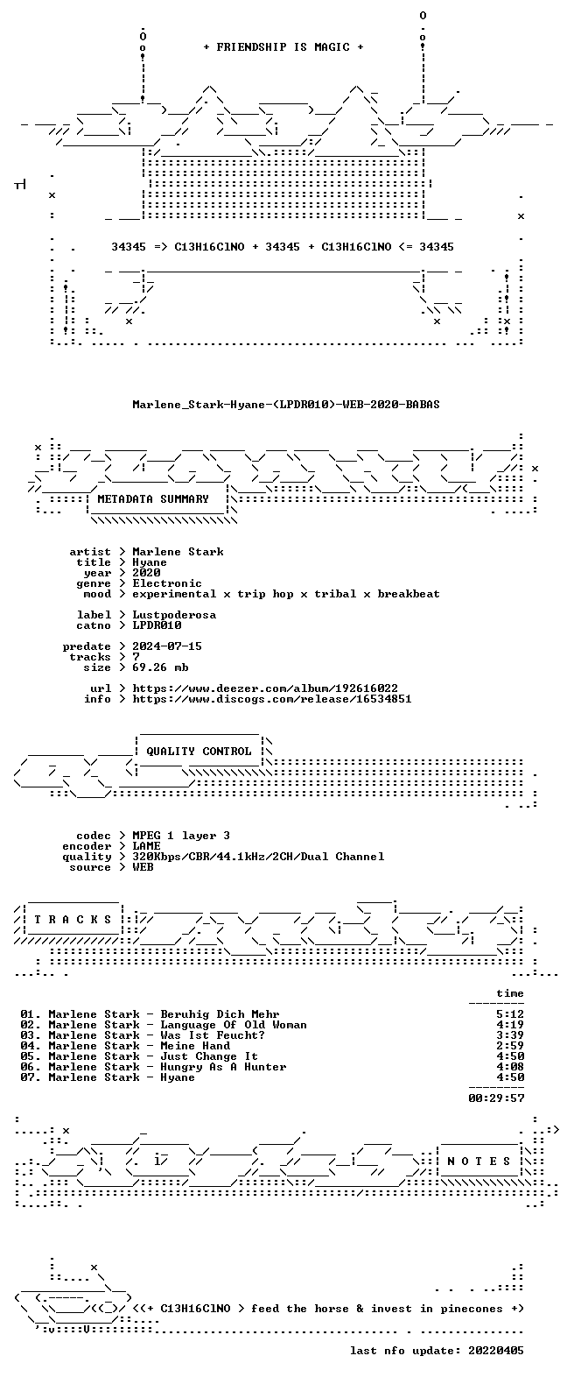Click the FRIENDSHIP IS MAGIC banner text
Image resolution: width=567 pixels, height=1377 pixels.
[283, 46]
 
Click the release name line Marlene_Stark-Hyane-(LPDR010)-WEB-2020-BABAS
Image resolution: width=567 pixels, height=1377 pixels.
[286, 405]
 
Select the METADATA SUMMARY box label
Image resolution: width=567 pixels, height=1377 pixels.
[153, 499]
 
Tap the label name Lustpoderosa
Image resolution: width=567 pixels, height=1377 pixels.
[174, 615]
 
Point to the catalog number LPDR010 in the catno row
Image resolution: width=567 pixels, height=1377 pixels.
[157, 625]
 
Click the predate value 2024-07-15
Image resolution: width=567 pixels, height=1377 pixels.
[167, 646]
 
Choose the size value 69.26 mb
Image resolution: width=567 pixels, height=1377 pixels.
[160, 667]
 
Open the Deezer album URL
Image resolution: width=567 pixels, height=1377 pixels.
[265, 688]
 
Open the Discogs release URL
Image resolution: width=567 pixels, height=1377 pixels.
[272, 699]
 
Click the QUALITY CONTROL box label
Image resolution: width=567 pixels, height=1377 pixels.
[199, 752]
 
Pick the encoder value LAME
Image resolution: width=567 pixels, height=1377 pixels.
[146, 846]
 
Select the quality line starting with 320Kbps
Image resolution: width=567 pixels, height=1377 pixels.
[259, 857]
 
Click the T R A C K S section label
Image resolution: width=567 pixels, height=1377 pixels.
[73, 920]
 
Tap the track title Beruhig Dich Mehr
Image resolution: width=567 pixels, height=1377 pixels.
[220, 1014]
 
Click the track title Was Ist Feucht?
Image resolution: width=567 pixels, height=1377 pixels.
[213, 1035]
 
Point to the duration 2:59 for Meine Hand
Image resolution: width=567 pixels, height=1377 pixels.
[510, 1046]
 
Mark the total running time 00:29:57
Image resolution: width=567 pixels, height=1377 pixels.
[496, 1098]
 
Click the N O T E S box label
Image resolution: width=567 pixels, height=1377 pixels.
[479, 1162]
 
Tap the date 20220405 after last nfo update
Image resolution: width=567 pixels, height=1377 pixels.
[496, 1351]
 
